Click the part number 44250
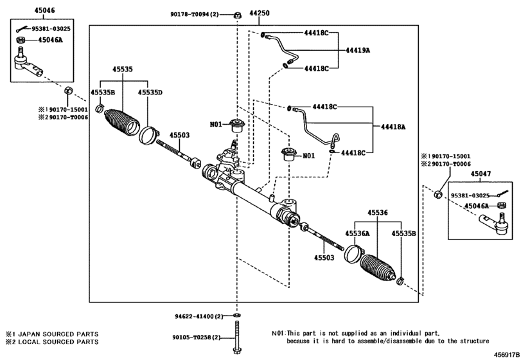(x=260, y=14)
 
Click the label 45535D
(x=150, y=92)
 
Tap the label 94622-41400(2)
(x=196, y=316)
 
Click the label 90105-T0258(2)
(x=196, y=337)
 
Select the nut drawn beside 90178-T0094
(x=237, y=14)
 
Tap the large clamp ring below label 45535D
(x=148, y=136)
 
